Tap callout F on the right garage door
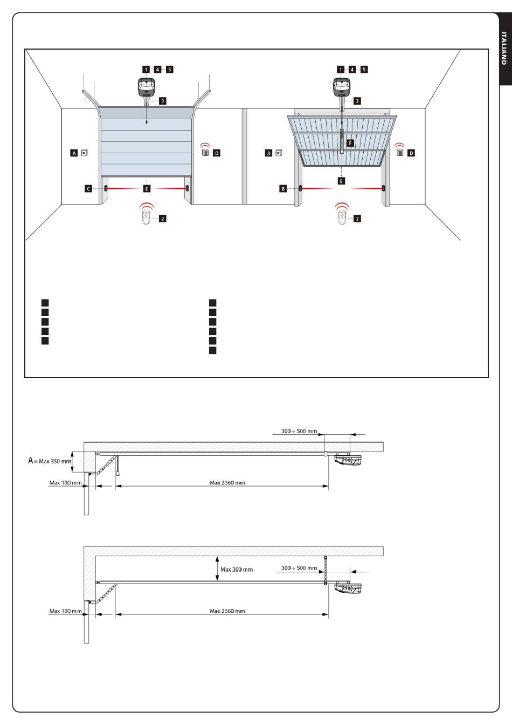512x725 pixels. (350, 143)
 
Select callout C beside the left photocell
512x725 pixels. (88, 188)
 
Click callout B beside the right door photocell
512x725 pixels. (283, 188)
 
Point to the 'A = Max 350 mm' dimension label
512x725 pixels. (50, 461)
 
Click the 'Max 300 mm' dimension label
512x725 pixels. (237, 569)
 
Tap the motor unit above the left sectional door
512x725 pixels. (147, 87)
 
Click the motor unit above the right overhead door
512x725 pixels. (342, 87)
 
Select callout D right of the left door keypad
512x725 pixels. (217, 153)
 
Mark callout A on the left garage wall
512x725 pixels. (74, 153)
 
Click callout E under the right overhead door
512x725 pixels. (341, 181)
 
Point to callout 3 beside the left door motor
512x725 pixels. (163, 101)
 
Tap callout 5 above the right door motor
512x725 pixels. (364, 69)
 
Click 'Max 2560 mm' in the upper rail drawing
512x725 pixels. (227, 483)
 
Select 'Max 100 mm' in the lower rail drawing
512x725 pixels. (66, 611)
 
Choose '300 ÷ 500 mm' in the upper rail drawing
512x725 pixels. (299, 431)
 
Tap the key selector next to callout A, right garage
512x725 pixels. (279, 153)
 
